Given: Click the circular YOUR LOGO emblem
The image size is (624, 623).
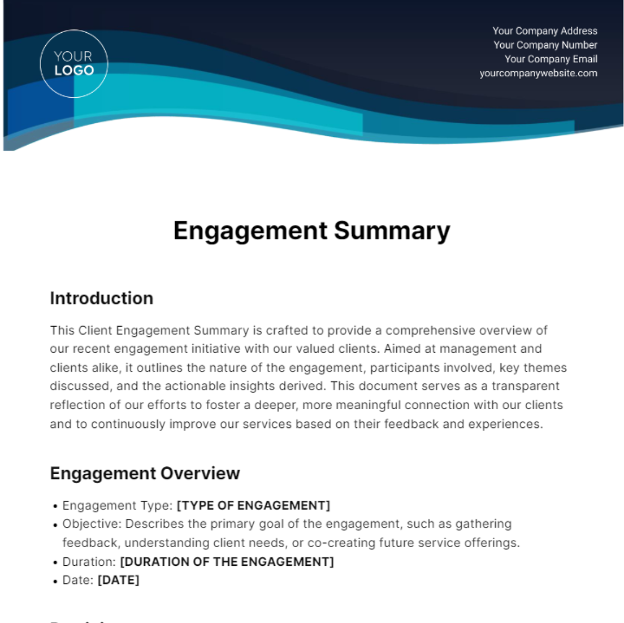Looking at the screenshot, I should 74,63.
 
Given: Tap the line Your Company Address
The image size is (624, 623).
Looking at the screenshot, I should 544,31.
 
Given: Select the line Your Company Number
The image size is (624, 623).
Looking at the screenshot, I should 545,45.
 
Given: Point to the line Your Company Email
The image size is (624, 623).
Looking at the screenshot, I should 551,59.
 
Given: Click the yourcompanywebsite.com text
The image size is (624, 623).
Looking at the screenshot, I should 538,73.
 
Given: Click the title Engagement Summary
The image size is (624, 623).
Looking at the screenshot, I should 311,230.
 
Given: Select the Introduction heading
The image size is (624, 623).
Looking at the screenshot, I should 101,298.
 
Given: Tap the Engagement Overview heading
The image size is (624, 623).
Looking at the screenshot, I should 145,473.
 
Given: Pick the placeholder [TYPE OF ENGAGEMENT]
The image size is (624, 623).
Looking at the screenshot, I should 253,505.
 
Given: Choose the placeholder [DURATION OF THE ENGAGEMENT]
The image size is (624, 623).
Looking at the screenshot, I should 227,562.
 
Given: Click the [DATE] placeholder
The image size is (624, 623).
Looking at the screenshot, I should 119,580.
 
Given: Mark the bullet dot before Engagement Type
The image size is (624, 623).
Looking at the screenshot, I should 55,507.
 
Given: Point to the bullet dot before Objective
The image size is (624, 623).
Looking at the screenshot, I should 55,525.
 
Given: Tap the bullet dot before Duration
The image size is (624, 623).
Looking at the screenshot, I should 55,563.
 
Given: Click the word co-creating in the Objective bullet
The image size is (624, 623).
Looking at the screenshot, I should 341,543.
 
